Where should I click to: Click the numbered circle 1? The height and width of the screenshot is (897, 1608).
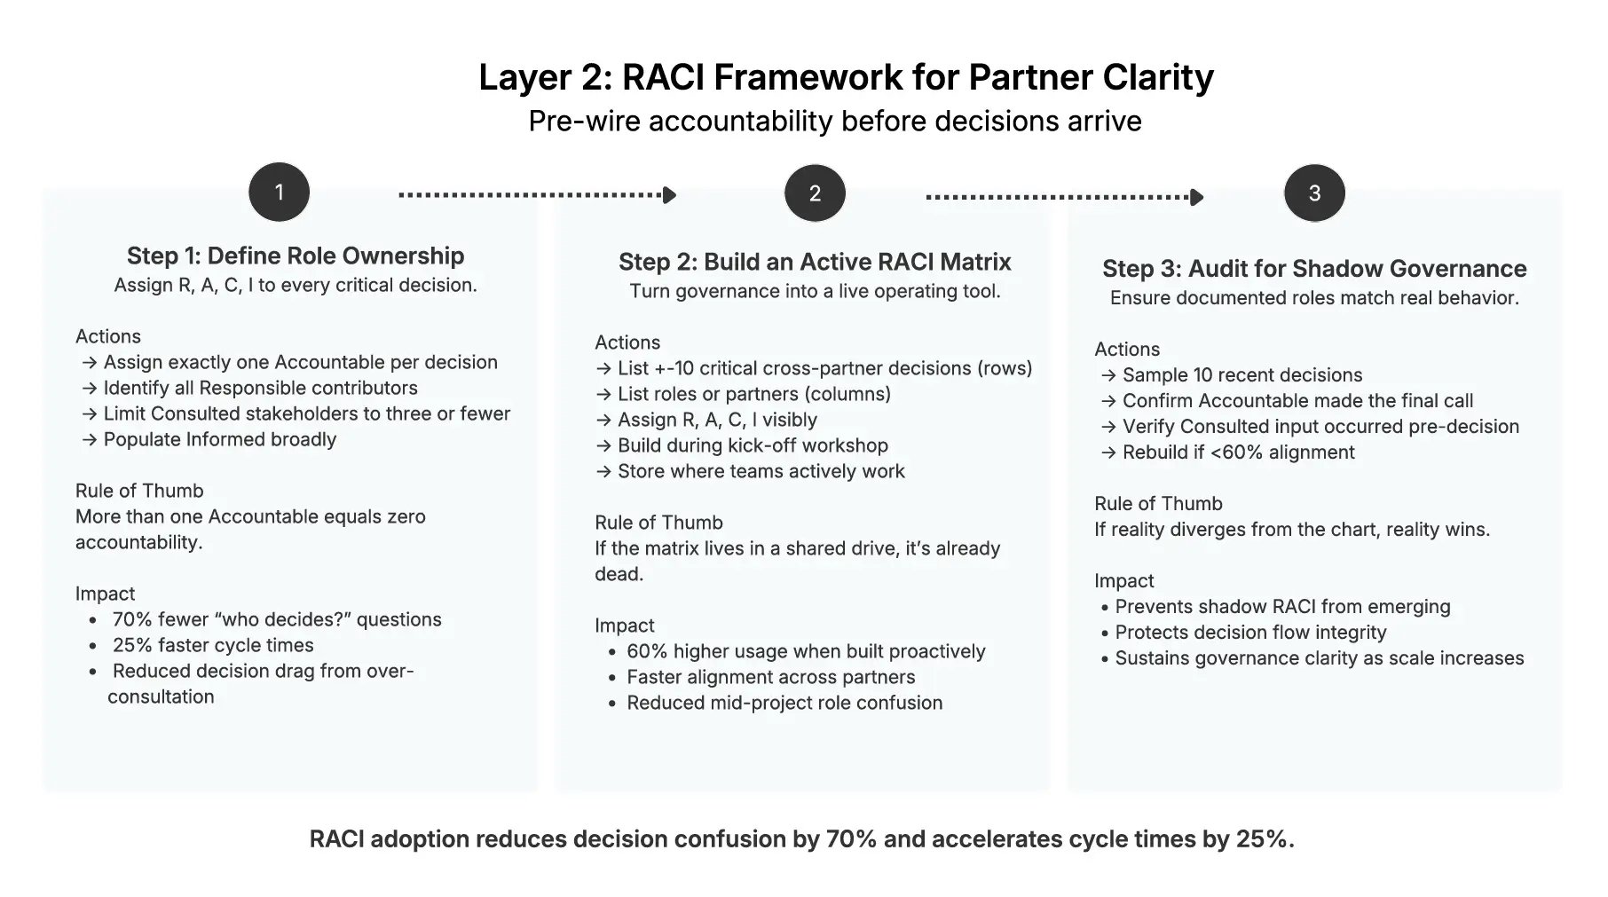(279, 193)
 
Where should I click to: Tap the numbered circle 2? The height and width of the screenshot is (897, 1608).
(815, 193)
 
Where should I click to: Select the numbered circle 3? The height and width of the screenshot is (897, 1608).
(1314, 193)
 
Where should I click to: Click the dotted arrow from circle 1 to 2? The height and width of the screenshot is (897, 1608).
(537, 195)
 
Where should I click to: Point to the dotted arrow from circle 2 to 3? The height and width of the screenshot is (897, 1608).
(1064, 197)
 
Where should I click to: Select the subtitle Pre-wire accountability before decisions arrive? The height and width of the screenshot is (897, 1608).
(834, 121)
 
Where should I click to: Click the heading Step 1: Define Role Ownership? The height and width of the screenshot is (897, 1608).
(296, 256)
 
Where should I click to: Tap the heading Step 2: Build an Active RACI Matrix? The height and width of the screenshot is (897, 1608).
(815, 263)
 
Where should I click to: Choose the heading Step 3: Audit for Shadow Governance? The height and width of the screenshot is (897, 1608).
(1314, 269)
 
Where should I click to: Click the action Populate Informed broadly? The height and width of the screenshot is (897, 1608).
(219, 440)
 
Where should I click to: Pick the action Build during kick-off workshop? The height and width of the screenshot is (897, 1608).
(752, 446)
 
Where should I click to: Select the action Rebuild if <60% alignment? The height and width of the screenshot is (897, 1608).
(1237, 452)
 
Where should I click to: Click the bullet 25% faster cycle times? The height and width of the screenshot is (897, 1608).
(213, 646)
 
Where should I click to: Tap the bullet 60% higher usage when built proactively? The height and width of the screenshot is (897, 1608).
(806, 652)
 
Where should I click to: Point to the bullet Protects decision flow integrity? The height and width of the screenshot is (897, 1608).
(1250, 633)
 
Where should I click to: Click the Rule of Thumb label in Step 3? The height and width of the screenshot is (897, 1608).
(1158, 504)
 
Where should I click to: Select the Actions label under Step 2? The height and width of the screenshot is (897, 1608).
(627, 342)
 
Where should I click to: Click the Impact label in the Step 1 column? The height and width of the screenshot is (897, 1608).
(105, 594)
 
